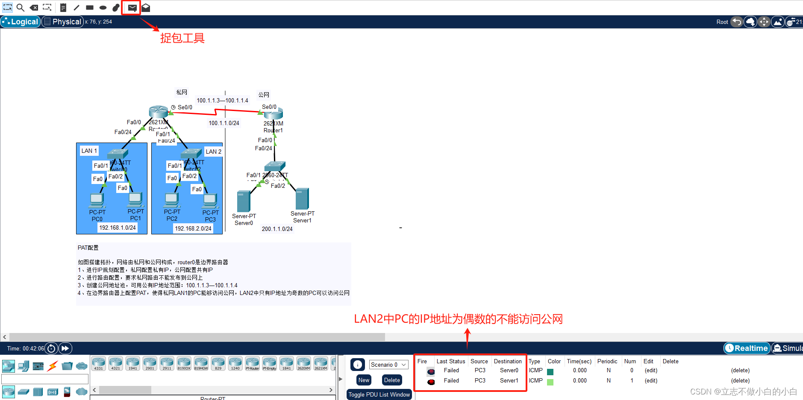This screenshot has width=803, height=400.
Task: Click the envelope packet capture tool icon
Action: tap(132, 8)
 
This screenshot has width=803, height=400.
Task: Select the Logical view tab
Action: tap(21, 22)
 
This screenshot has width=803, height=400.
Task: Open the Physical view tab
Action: tap(62, 22)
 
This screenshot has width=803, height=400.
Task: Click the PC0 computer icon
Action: tap(97, 200)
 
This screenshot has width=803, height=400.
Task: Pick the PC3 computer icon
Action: tap(210, 200)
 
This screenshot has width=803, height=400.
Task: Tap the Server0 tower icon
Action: tap(244, 201)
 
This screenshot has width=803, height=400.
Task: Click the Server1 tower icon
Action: tap(302, 199)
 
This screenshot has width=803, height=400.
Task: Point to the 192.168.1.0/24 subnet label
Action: tap(118, 228)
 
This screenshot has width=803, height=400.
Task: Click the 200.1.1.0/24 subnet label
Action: tap(277, 229)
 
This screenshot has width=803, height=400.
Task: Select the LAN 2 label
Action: tap(213, 152)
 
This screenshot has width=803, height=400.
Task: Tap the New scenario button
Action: tap(364, 380)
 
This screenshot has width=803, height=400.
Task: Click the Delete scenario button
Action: tap(392, 380)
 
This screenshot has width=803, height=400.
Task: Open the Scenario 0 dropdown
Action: tap(388, 365)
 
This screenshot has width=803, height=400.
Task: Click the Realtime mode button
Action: tap(747, 348)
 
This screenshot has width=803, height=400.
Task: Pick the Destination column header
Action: tap(508, 361)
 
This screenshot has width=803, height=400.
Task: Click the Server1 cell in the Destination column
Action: tap(509, 381)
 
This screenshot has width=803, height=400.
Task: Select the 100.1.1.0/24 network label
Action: tap(224, 123)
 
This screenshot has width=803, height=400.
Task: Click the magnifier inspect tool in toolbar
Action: tap(20, 8)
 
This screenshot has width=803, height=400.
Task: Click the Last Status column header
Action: tap(450, 361)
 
